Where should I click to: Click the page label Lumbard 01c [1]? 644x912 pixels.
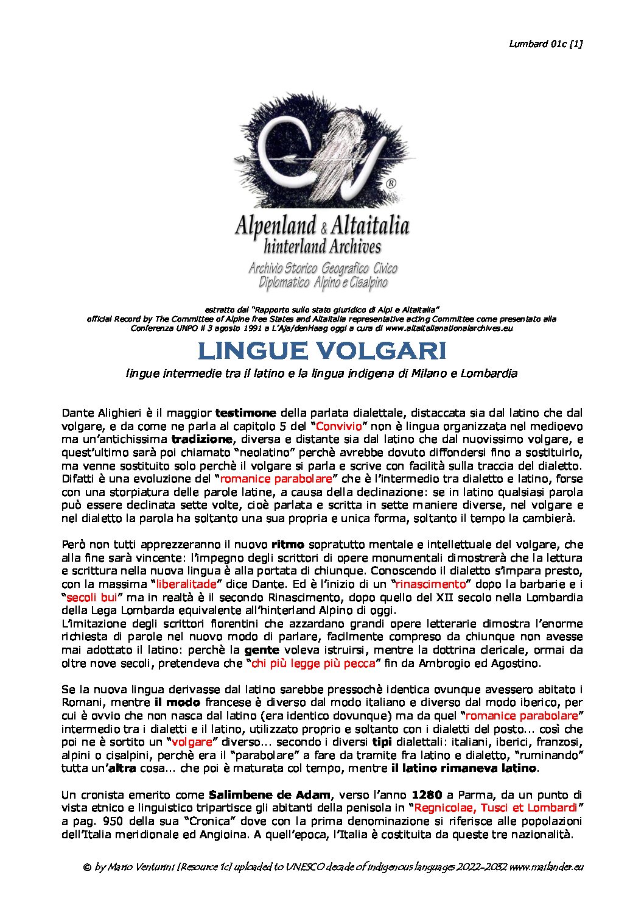tap(545, 44)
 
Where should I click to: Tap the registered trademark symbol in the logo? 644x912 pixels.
tap(392, 183)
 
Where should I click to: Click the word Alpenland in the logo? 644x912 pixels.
tap(275, 226)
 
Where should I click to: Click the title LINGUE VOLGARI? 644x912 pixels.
tap(322, 351)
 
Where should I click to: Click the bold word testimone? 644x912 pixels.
tap(245, 412)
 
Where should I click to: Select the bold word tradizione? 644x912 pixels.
tap(201, 439)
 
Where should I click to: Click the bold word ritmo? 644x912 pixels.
tap(287, 544)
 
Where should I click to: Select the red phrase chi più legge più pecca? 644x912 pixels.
tap(313, 663)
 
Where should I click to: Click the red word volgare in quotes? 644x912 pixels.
tap(192, 742)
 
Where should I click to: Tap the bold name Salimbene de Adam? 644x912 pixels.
tap(270, 795)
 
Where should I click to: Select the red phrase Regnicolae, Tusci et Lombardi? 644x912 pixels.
tap(495, 808)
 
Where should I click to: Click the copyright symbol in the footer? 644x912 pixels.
tap(87, 867)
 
